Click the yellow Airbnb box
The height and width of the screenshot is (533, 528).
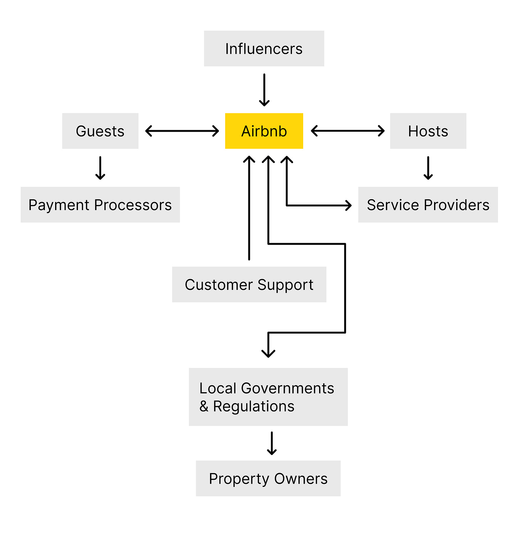pyautogui.click(x=264, y=131)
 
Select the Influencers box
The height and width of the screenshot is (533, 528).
pyautogui.click(x=264, y=49)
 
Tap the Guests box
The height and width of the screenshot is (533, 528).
pyautogui.click(x=100, y=131)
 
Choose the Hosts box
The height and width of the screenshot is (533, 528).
pyautogui.click(x=428, y=131)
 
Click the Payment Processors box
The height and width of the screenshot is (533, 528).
pyautogui.click(x=100, y=205)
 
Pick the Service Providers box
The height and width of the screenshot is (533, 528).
pyautogui.click(x=428, y=205)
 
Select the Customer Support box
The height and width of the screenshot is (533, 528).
pyautogui.click(x=249, y=285)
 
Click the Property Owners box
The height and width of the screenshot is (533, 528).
pyautogui.click(x=268, y=479)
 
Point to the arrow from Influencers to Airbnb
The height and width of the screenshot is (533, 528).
pyautogui.click(x=264, y=90)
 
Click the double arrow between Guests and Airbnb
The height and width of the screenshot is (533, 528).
pyautogui.click(x=182, y=131)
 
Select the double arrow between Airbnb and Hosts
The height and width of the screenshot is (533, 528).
pyautogui.click(x=347, y=131)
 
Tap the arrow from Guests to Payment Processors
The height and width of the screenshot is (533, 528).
pyautogui.click(x=100, y=168)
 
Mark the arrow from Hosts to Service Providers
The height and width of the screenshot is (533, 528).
pyautogui.click(x=428, y=168)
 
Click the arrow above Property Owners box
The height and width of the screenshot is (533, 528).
pyautogui.click(x=272, y=443)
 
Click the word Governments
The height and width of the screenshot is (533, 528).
pyautogui.click(x=287, y=388)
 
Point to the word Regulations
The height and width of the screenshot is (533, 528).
pyautogui.click(x=253, y=406)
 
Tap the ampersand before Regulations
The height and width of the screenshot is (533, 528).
pyautogui.click(x=204, y=406)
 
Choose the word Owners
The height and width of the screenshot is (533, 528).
pyautogui.click(x=301, y=479)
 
